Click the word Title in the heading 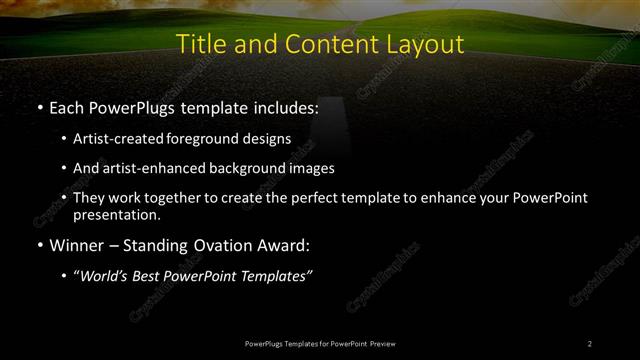point(200,45)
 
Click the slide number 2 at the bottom point(590,343)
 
